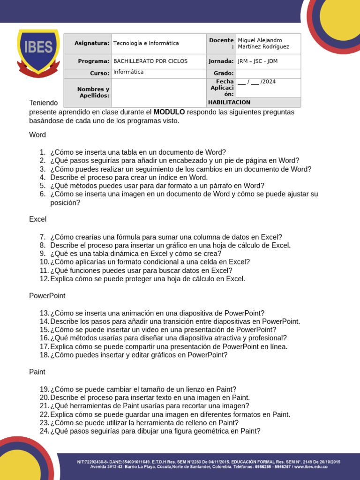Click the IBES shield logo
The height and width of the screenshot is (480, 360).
tap(38, 52)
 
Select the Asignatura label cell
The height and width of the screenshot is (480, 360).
tap(91, 44)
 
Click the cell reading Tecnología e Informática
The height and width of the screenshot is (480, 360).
tap(146, 44)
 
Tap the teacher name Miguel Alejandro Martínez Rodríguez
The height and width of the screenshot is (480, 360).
tap(263, 44)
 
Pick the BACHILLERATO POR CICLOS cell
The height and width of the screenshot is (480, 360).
tap(150, 61)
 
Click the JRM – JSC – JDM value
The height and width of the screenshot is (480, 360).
tap(257, 61)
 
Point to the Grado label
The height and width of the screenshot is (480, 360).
tap(224, 74)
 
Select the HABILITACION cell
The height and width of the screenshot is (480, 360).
tap(229, 102)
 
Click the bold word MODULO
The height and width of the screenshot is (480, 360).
tap(169, 112)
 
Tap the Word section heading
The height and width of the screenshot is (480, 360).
tap(37, 135)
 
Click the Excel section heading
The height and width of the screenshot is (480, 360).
tap(38, 219)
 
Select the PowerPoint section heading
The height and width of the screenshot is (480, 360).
tap(47, 296)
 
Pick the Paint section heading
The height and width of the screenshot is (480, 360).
tap(37, 372)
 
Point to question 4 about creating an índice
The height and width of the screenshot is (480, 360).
tap(129, 178)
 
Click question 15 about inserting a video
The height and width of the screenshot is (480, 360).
tap(163, 330)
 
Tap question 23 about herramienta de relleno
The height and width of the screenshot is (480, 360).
tap(145, 423)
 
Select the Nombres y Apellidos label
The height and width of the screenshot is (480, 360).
tap(93, 92)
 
